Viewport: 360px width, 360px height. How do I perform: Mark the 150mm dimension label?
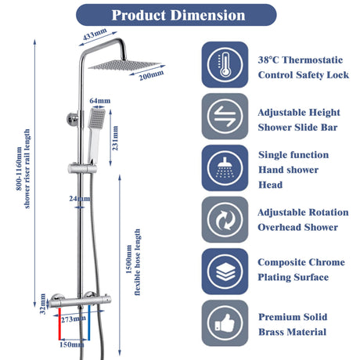(x=72, y=344)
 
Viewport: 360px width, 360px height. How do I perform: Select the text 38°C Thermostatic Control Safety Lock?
(x=301, y=67)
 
